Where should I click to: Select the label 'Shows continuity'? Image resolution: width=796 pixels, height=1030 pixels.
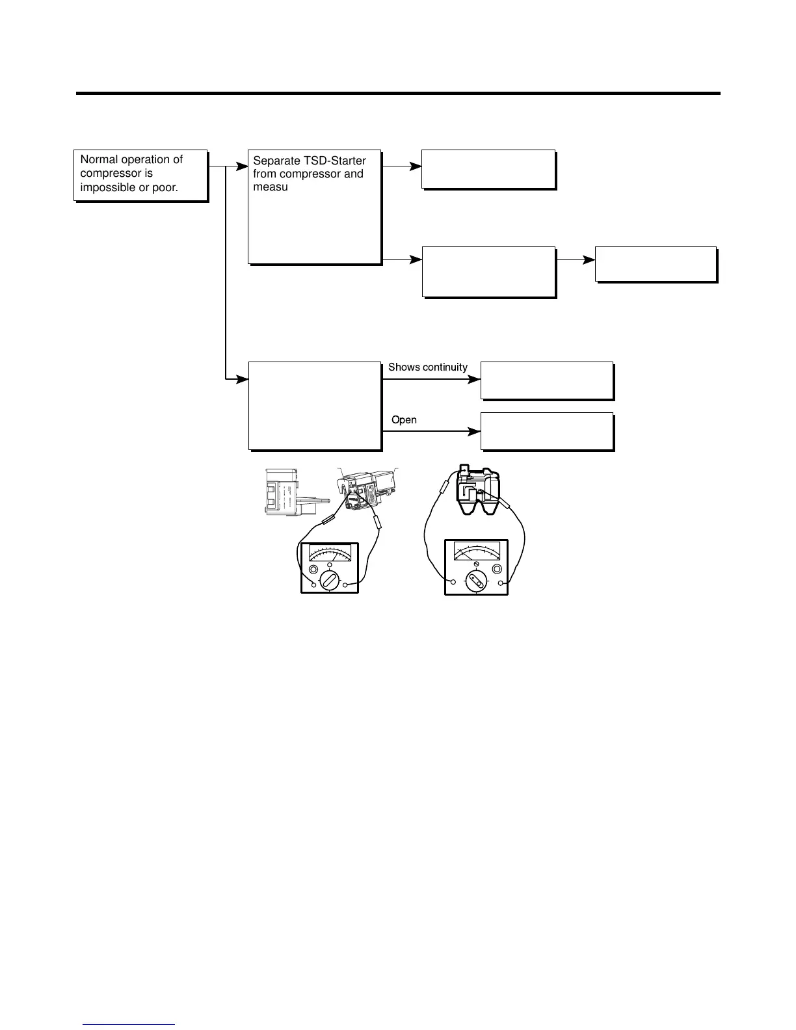(427, 367)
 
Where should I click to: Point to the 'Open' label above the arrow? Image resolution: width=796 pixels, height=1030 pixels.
(404, 420)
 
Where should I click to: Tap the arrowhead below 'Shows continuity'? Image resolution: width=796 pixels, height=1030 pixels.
(474, 379)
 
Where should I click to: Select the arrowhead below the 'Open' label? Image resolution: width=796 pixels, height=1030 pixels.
(474, 431)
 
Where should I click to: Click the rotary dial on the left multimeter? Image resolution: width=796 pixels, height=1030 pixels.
(329, 580)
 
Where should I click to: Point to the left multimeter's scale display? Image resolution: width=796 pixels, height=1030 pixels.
(330, 553)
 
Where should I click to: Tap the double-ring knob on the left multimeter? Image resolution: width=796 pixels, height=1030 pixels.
(313, 570)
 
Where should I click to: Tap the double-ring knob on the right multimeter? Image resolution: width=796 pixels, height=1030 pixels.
(497, 569)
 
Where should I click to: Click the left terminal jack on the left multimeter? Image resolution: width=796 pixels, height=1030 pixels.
(313, 585)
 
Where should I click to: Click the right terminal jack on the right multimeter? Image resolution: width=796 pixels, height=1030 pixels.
(501, 583)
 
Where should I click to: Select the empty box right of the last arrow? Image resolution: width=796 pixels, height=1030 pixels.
(656, 264)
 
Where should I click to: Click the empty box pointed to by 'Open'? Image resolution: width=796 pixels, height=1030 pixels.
(547, 430)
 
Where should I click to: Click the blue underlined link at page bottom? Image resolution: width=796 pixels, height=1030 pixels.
(129, 1024)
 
